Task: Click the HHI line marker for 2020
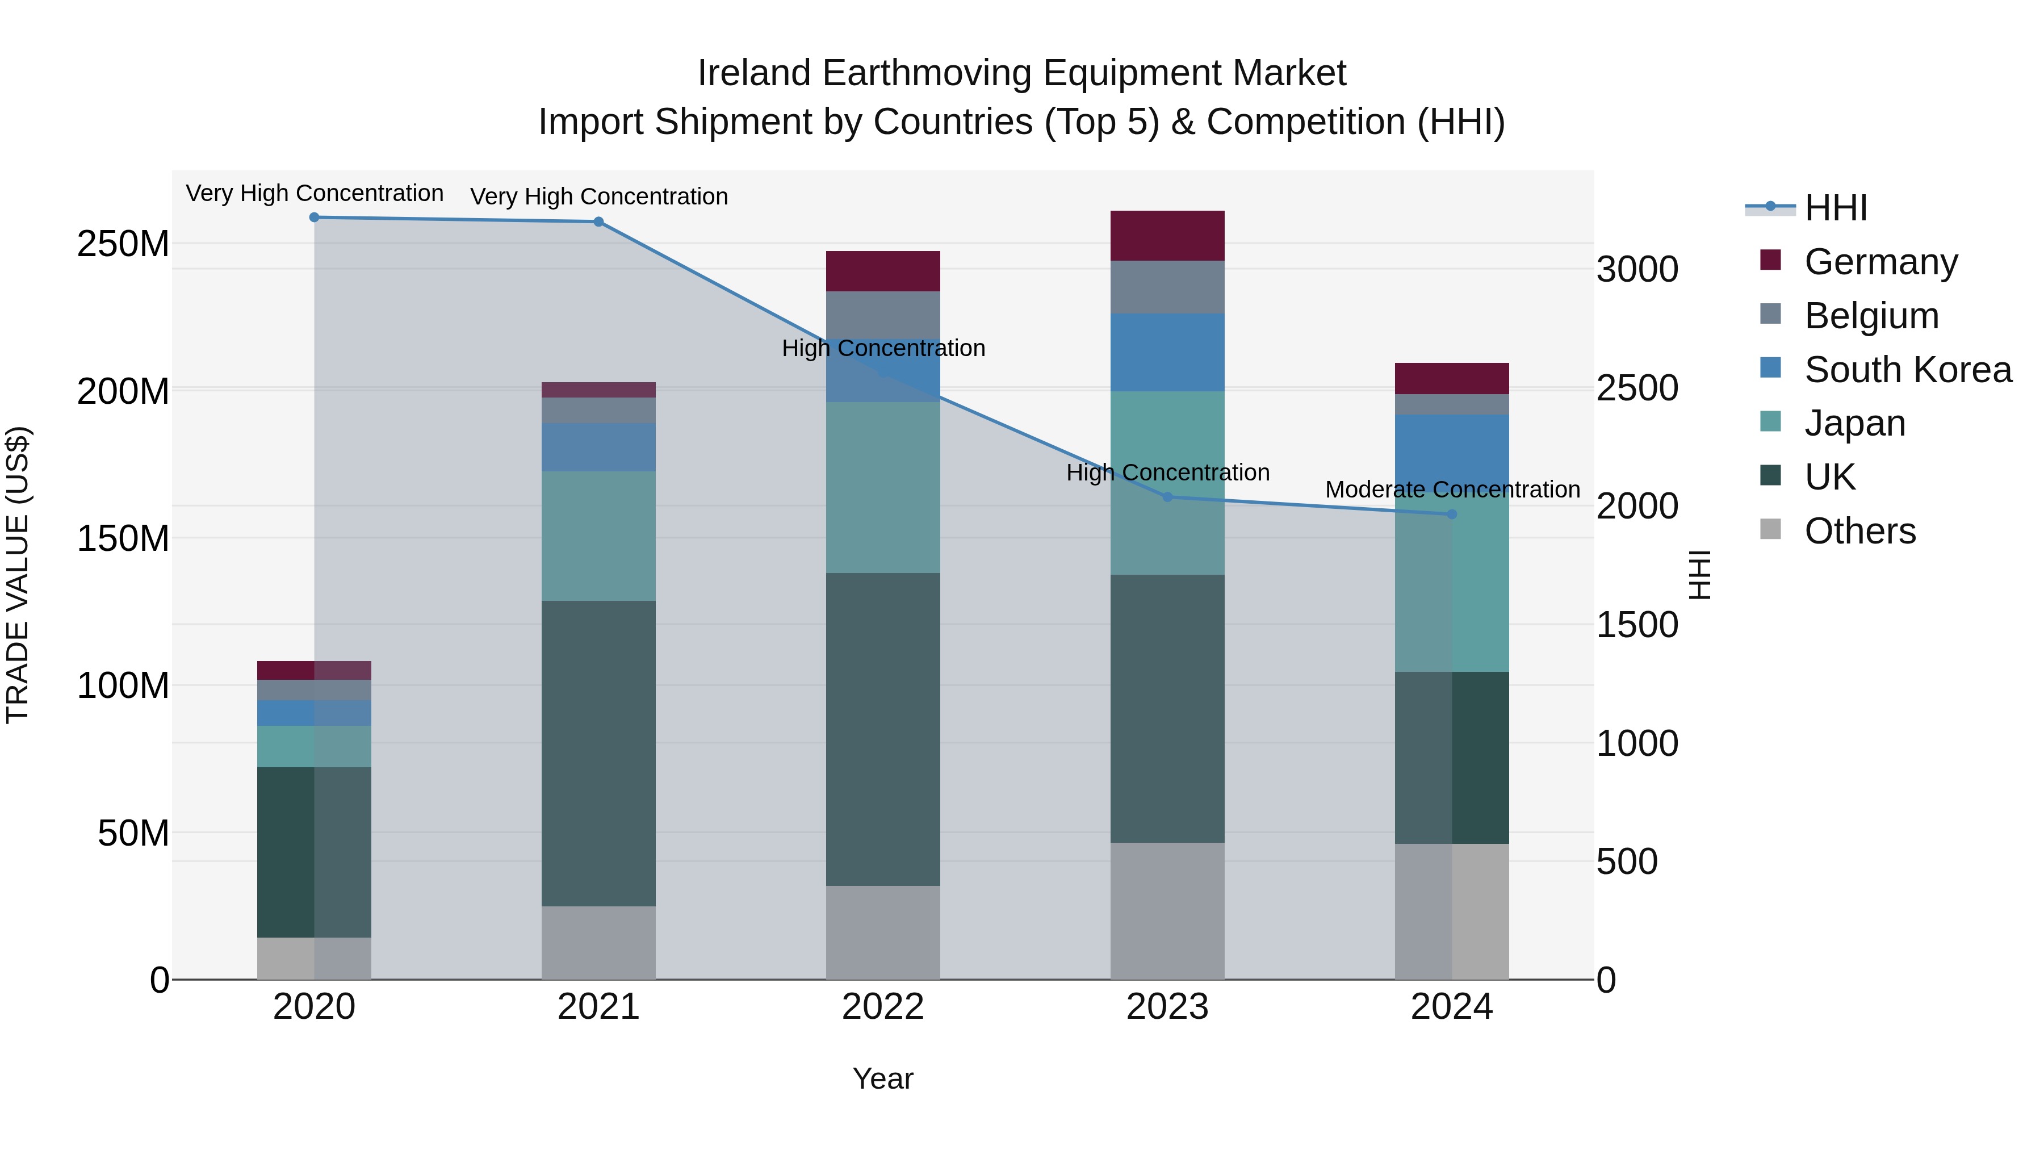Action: coord(314,217)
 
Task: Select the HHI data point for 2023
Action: coord(1167,497)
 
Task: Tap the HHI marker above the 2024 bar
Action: coord(1452,515)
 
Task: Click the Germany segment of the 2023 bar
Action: coord(1167,236)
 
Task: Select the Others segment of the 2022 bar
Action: coord(882,932)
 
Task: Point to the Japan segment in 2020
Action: coord(314,746)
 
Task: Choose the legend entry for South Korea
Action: coord(1908,370)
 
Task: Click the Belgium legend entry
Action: coord(1871,316)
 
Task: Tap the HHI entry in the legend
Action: coord(1834,208)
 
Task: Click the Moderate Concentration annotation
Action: coord(1452,490)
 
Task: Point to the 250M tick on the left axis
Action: coord(123,244)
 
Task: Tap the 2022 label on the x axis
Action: coord(882,1007)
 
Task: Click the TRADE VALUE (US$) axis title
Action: coord(18,575)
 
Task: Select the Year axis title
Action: coord(882,1078)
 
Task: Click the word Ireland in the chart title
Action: coord(754,73)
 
